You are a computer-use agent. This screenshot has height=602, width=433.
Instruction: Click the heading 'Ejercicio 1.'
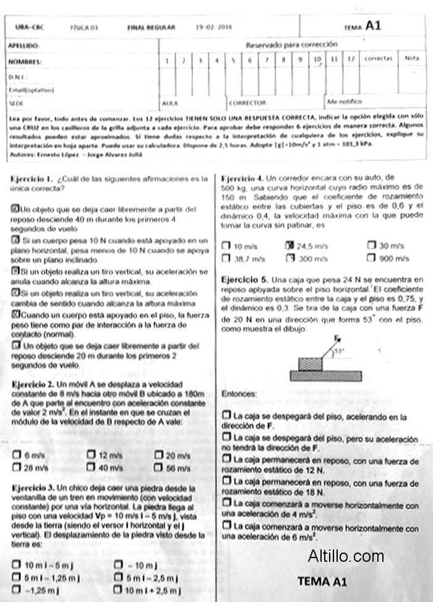(x=31, y=179)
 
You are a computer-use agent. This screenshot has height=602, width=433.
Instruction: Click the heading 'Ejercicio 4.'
(x=242, y=178)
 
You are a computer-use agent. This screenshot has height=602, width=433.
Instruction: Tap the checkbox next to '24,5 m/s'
(x=289, y=245)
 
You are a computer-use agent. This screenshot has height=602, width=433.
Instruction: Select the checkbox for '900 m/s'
(x=371, y=258)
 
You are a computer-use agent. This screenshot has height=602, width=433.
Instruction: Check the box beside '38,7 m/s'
(x=226, y=259)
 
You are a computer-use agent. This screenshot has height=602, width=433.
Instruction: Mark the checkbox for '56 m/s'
(x=158, y=468)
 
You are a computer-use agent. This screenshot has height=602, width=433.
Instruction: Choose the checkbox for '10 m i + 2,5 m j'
(x=119, y=590)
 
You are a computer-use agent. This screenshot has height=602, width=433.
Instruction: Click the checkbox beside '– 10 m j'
(x=119, y=565)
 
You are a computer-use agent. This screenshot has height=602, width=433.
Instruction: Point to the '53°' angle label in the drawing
(x=338, y=351)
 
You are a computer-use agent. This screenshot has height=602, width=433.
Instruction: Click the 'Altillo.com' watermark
(x=346, y=556)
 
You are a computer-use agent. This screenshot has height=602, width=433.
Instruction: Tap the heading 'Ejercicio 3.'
(x=32, y=488)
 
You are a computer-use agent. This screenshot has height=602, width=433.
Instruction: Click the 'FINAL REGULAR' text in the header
(x=152, y=27)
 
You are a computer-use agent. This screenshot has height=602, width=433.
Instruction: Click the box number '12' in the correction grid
(x=350, y=60)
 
